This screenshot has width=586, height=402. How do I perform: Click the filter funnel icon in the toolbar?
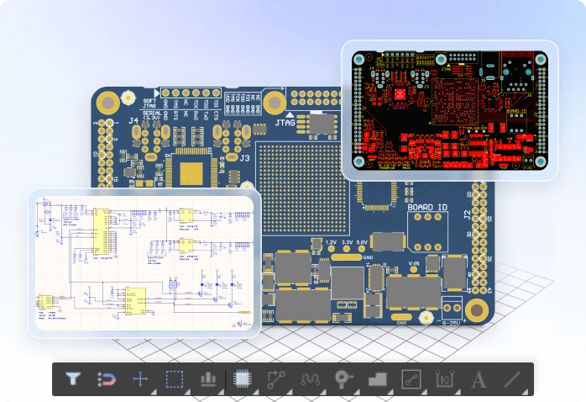(74, 379)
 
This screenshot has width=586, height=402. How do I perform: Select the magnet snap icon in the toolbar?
(107, 379)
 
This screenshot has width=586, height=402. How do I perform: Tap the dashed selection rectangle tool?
(174, 379)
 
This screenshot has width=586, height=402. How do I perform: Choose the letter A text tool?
(478, 379)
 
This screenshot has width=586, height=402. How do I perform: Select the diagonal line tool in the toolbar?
(512, 379)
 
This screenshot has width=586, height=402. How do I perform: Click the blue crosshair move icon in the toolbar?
(140, 379)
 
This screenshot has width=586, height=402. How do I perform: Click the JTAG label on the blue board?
(289, 124)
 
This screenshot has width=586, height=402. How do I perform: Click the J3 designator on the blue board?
(245, 157)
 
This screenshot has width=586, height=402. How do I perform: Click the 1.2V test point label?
(330, 242)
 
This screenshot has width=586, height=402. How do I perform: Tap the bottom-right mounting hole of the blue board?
(476, 309)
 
